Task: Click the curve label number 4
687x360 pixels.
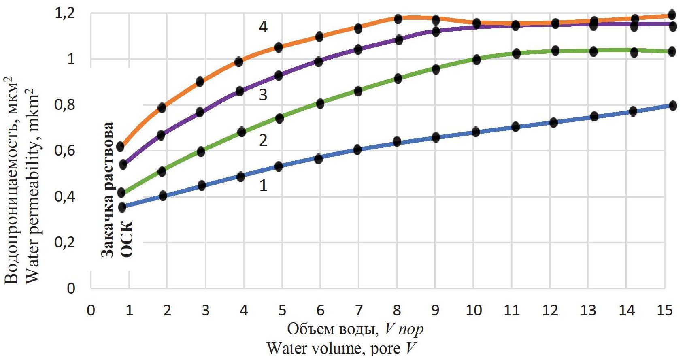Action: (263, 27)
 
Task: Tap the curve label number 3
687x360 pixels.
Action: (263, 95)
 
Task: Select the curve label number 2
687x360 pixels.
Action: (263, 141)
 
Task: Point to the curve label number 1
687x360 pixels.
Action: (263, 186)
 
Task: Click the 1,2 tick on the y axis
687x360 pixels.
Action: (65, 13)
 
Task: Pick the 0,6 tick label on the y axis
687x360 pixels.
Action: (65, 151)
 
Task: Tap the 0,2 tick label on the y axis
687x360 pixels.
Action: (65, 243)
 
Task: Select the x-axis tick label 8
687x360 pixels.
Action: (397, 311)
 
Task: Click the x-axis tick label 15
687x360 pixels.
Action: (664, 311)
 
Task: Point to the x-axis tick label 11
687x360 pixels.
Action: (511, 311)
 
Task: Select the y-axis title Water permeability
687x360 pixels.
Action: (32, 186)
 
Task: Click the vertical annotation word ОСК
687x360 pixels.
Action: (127, 239)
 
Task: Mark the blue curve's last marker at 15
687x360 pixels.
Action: (672, 106)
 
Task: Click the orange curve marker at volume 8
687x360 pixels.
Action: (398, 19)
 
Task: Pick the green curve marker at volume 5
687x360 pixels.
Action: (279, 118)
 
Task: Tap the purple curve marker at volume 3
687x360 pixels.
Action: (200, 112)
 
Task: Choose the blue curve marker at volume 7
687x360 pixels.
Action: (357, 150)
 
